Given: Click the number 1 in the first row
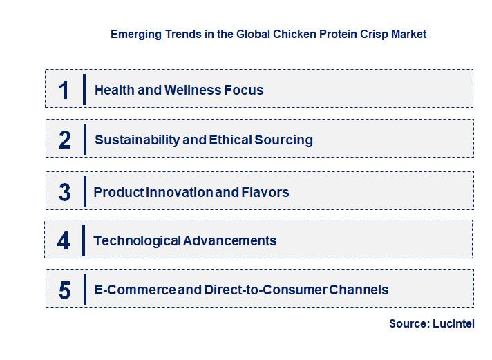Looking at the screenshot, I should coord(64,90).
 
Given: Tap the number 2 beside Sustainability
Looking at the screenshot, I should coord(65,140).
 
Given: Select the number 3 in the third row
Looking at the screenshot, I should coord(64,193).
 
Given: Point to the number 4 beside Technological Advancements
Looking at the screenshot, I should coord(64,241).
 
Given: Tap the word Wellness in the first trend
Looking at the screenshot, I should coord(192,90).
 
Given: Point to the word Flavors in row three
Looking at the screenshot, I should coord(265,192).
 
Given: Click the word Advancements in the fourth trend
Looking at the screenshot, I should coord(230,241).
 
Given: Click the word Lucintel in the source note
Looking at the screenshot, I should coord(453,323).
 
